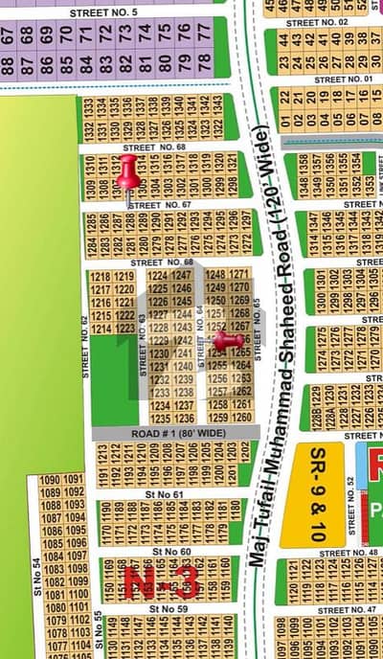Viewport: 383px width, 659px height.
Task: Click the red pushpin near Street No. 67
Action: (x=127, y=173)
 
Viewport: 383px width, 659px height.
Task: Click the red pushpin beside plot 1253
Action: (x=227, y=339)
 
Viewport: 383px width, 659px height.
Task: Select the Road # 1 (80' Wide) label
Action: (x=165, y=434)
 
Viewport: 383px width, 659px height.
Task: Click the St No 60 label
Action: (x=170, y=552)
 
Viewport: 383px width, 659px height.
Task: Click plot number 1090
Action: (x=50, y=479)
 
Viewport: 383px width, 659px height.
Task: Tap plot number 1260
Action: (x=242, y=418)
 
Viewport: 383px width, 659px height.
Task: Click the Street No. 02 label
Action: (x=316, y=21)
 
